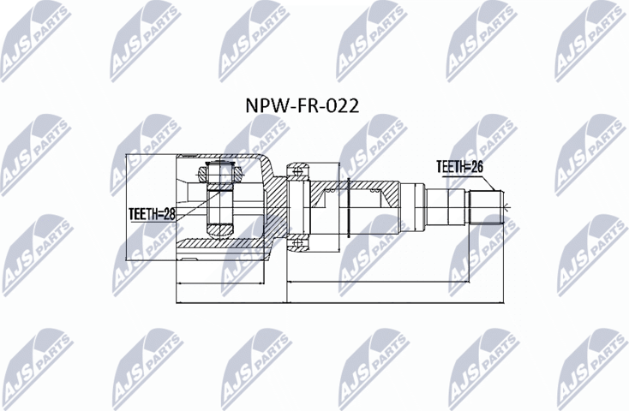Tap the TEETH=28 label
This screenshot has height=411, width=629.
click(152, 214)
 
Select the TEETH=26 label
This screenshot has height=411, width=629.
click(459, 167)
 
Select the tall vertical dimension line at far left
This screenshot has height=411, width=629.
click(126, 206)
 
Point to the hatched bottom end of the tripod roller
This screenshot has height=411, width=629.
click(220, 230)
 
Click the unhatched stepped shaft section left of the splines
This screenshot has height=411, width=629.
click(446, 206)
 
